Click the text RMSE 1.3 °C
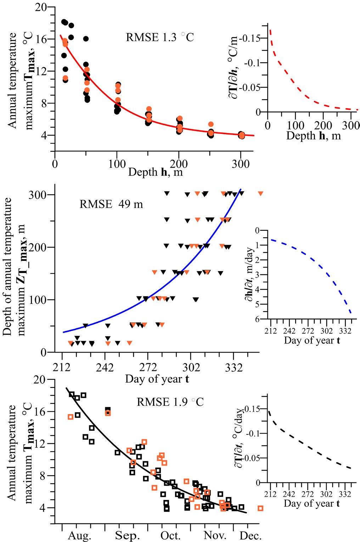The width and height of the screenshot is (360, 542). point(160,38)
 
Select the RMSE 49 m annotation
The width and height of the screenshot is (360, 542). point(111,204)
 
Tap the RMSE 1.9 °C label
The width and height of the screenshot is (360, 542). point(170,402)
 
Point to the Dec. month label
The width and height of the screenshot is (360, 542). point(251,535)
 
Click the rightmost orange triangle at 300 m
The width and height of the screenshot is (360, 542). point(260,193)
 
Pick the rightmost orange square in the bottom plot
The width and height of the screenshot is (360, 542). point(260,508)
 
